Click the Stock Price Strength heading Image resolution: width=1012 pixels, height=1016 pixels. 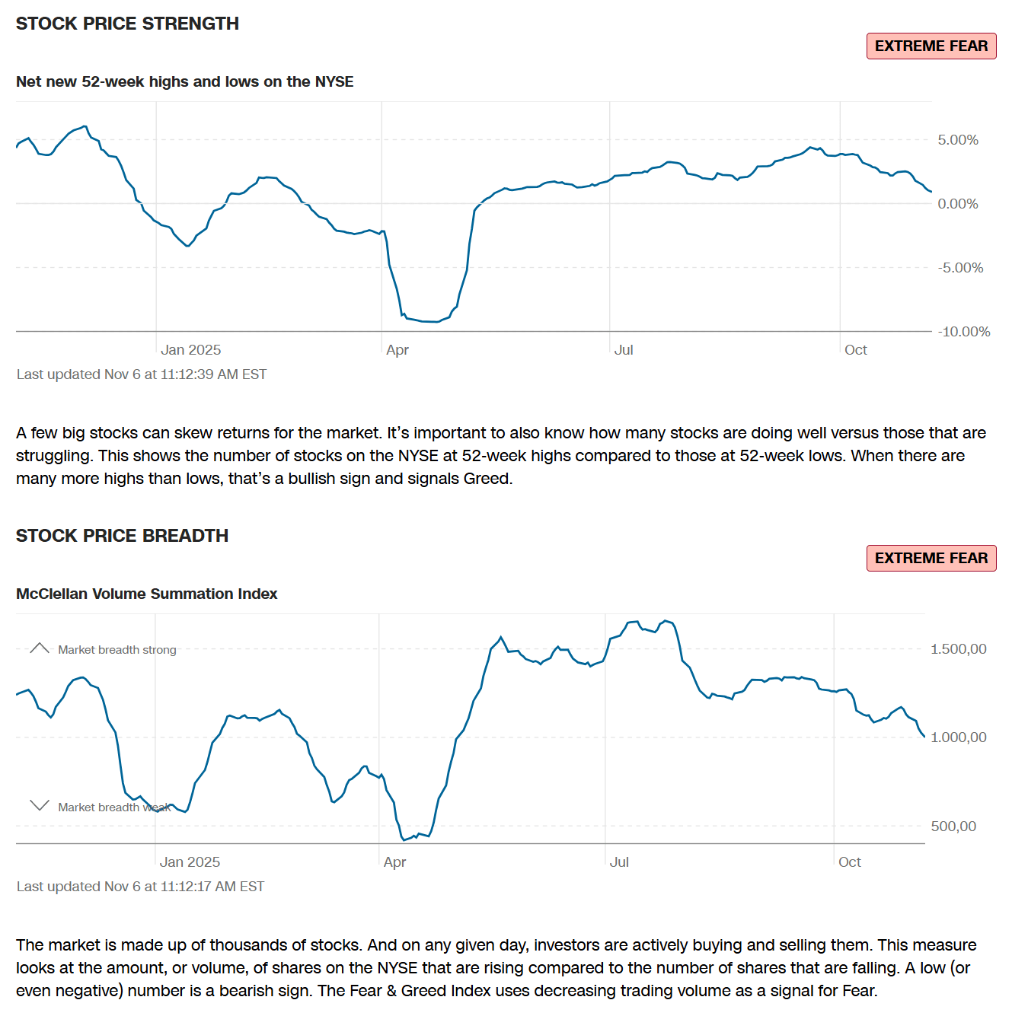[127, 24]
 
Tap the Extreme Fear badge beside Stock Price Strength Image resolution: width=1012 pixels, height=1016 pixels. [931, 46]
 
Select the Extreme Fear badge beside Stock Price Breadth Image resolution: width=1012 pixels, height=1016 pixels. [931, 559]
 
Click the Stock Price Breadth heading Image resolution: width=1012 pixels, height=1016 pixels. [122, 536]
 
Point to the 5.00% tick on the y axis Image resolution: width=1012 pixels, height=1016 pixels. [957, 140]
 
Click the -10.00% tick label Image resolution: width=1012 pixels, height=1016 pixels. [963, 332]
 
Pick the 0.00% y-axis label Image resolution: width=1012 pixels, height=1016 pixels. [957, 204]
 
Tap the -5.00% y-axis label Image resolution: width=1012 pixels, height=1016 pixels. [960, 268]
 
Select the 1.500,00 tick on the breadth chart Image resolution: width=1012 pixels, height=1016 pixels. [958, 649]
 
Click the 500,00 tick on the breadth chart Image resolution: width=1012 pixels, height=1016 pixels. [953, 826]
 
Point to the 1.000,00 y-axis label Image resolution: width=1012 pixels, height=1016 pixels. [958, 737]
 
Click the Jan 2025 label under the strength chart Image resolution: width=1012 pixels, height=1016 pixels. [190, 350]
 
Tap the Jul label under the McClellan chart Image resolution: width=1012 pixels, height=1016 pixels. [619, 862]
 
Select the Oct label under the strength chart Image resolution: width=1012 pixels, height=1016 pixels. [855, 350]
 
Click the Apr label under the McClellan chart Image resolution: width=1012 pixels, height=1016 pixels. [394, 862]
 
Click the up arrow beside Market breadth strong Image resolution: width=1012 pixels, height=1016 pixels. [40, 648]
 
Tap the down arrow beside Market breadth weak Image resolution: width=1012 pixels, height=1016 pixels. [40, 805]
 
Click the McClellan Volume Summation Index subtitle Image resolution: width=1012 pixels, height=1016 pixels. [146, 594]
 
